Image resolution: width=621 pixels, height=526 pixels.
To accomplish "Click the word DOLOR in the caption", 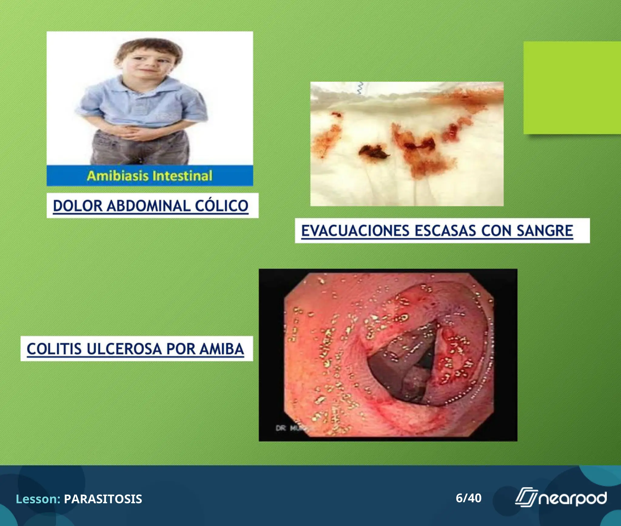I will (x=78, y=206).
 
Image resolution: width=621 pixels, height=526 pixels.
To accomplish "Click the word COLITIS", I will (x=54, y=349).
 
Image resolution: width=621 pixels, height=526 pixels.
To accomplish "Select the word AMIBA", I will (x=221, y=349).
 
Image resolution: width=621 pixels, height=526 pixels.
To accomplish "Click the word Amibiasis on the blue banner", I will (x=118, y=176).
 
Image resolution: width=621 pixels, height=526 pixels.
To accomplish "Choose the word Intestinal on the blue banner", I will (x=182, y=176).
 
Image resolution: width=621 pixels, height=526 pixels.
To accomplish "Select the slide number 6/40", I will (x=468, y=498).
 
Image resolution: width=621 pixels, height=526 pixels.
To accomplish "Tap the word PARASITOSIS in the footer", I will (x=103, y=499).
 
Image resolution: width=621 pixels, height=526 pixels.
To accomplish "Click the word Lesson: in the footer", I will (x=38, y=499).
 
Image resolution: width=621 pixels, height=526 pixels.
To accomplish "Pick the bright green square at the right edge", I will (x=572, y=88).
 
